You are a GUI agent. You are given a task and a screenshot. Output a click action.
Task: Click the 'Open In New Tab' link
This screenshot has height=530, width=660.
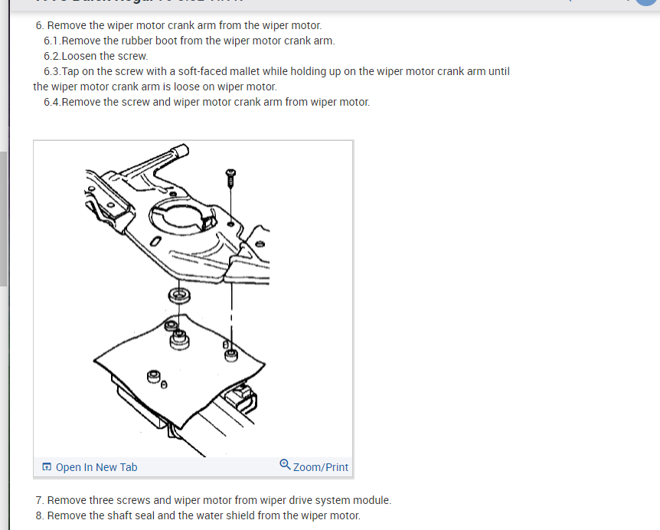tap(96, 467)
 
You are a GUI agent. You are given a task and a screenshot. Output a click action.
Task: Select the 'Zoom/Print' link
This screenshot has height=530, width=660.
tap(320, 467)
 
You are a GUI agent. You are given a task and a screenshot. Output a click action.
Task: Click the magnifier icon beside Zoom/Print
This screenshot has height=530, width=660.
tap(285, 465)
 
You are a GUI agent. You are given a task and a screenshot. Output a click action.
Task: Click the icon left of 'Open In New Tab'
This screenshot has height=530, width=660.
tap(47, 467)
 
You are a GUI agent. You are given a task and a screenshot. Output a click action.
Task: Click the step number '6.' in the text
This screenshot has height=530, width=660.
tap(40, 25)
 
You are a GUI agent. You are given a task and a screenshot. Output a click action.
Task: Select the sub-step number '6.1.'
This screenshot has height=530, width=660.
tap(52, 41)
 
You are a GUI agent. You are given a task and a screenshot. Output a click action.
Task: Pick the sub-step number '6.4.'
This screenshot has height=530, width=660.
tap(52, 102)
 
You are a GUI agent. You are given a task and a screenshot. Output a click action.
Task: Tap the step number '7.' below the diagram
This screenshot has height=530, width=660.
tap(40, 500)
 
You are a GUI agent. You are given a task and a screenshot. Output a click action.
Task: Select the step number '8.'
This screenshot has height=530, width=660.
tap(40, 515)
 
